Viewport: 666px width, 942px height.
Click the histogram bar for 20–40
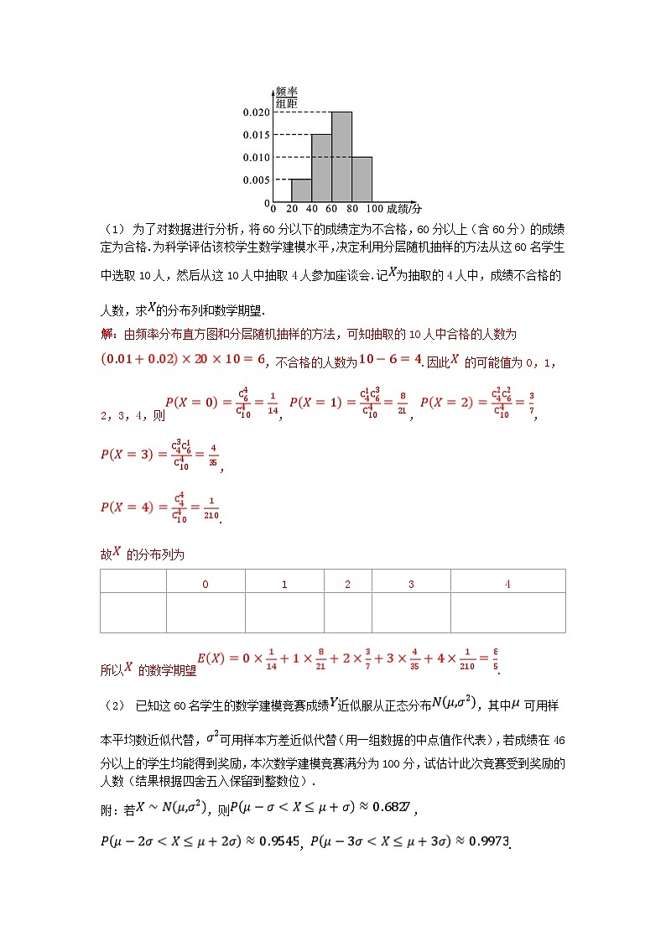(301, 190)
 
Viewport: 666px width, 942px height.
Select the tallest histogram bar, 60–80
(341, 157)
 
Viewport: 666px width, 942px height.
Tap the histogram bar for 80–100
(362, 180)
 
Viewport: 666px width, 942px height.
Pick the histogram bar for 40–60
(321, 168)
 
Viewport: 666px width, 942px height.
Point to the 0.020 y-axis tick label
(256, 112)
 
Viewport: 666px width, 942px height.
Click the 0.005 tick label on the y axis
(256, 180)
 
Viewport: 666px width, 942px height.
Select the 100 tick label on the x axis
(375, 209)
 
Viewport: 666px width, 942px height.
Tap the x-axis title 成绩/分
(404, 208)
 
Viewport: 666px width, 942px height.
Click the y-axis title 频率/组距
(287, 97)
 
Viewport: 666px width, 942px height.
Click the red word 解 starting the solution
(107, 334)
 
